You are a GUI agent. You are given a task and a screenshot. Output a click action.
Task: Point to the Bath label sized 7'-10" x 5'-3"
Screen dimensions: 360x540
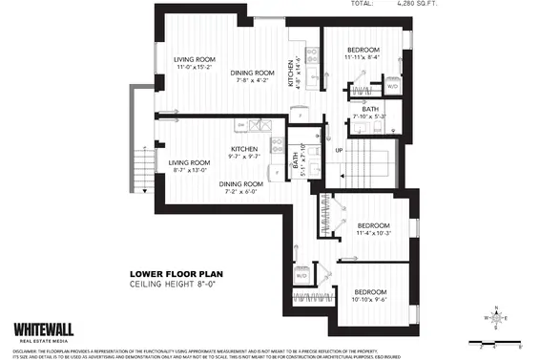tap(363, 111)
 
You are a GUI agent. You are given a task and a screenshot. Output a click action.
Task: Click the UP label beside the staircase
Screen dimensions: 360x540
tap(338, 150)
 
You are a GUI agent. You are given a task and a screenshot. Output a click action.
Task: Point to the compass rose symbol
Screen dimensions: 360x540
tap(494, 316)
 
